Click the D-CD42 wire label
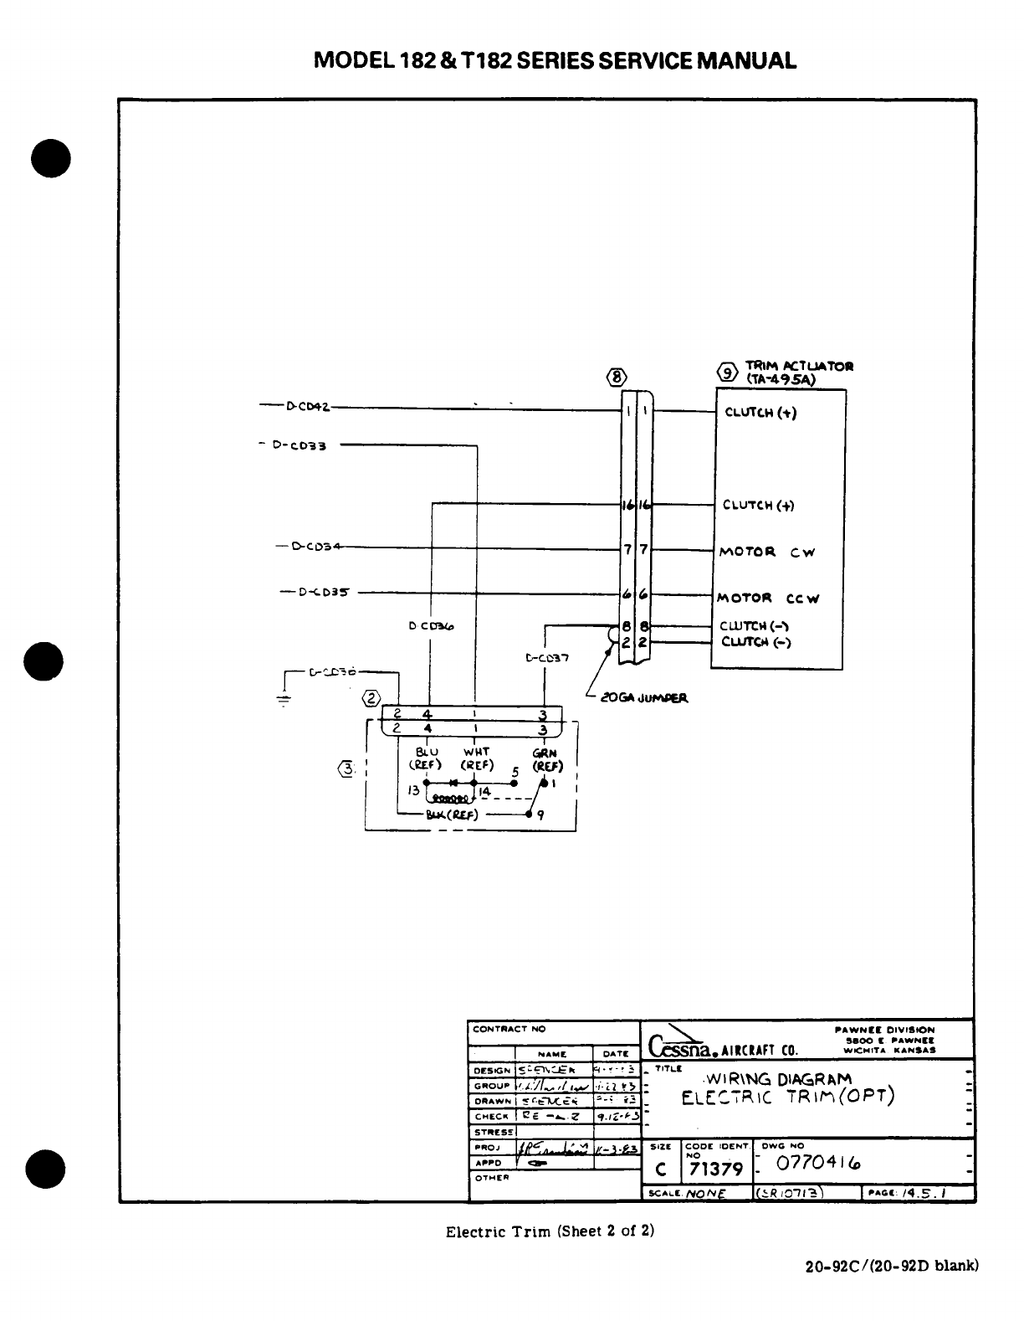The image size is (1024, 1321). (x=307, y=407)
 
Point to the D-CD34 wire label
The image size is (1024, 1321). (x=316, y=547)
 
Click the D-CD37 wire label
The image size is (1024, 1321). (x=547, y=657)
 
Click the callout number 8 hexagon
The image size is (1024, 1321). (x=617, y=377)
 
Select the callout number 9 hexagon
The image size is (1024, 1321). (x=729, y=373)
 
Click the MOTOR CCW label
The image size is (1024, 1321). (x=768, y=598)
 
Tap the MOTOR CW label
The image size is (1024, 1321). (x=766, y=553)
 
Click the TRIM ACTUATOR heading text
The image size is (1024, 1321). (x=799, y=366)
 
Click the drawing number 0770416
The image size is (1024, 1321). (x=819, y=1164)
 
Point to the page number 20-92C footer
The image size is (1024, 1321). (x=890, y=1289)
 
